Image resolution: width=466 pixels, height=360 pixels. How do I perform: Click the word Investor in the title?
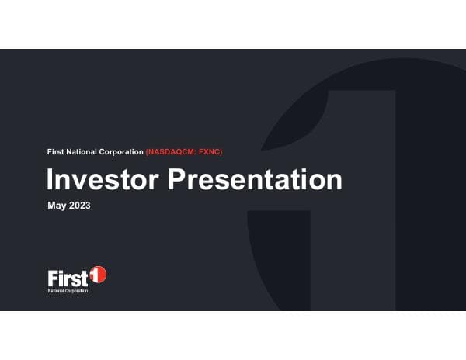[x=104, y=179]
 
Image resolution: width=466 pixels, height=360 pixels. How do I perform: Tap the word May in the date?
[x=57, y=206]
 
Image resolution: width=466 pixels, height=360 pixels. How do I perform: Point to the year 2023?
[x=81, y=206]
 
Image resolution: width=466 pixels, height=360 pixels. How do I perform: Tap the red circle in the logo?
[x=99, y=275]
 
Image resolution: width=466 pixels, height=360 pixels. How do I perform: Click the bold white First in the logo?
[x=68, y=277]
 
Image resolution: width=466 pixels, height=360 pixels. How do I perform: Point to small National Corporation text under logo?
[x=68, y=289]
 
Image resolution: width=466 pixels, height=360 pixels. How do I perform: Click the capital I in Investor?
[x=50, y=179]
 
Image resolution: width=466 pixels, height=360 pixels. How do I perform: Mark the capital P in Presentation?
[x=179, y=179]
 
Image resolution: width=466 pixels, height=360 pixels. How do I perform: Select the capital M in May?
[x=53, y=206]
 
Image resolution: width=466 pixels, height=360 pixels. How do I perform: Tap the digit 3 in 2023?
[x=89, y=206]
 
